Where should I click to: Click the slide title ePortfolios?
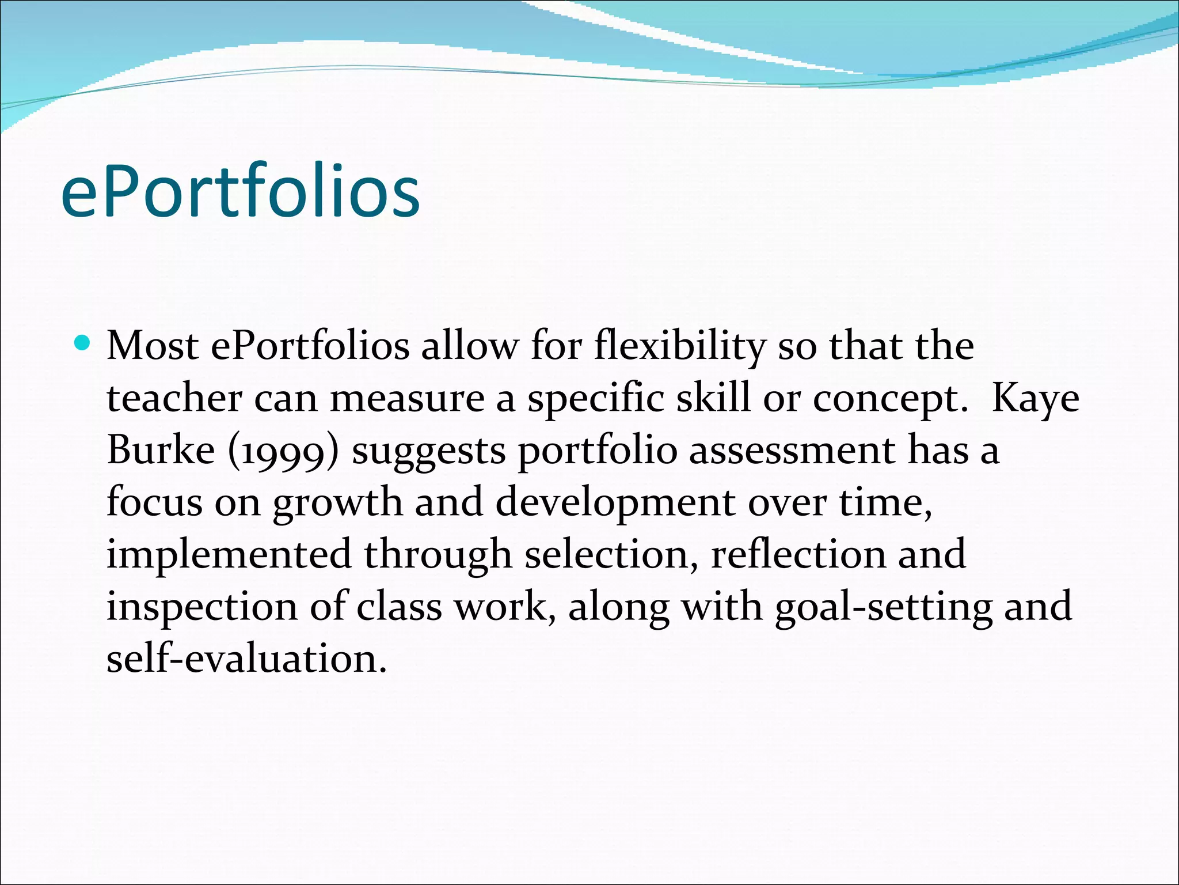[x=240, y=191]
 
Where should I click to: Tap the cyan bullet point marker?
[x=83, y=343]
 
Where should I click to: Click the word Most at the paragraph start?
[x=153, y=346]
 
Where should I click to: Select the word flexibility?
[x=680, y=346]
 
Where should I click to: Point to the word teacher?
[x=174, y=398]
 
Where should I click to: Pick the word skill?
[x=713, y=398]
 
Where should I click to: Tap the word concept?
[x=890, y=399]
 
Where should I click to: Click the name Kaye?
[x=1035, y=399]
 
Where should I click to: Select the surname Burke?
[x=161, y=450]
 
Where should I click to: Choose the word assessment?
[x=792, y=450]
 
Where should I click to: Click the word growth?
[x=337, y=503]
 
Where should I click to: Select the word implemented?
[x=229, y=555]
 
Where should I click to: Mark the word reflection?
[x=798, y=554]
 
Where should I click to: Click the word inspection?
[x=202, y=607]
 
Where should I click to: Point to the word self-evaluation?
[x=246, y=659]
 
